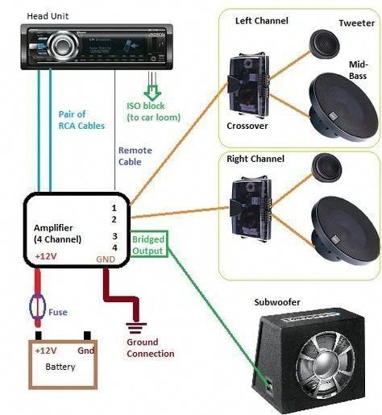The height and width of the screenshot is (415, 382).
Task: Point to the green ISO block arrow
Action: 152,84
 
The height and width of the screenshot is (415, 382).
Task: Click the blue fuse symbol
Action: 38,307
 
